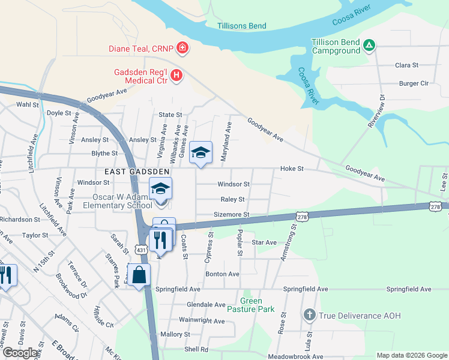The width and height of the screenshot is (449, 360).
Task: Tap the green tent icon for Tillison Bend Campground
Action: pyautogui.click(x=370, y=44)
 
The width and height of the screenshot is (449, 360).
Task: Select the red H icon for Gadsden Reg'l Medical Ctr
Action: pyautogui.click(x=176, y=75)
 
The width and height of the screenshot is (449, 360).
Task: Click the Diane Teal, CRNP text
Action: pyautogui.click(x=140, y=48)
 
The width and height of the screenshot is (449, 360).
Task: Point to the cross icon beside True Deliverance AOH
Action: pyautogui.click(x=309, y=314)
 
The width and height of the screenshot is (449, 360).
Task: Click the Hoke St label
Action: pyautogui.click(x=292, y=169)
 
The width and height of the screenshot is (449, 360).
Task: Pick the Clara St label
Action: pyautogui.click(x=406, y=65)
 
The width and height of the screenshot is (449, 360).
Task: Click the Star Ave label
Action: pyautogui.click(x=264, y=242)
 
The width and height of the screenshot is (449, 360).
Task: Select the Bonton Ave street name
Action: pyautogui.click(x=222, y=274)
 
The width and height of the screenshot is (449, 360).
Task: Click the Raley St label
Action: pyautogui.click(x=233, y=199)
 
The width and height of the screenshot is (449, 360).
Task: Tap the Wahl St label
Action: pyautogui.click(x=27, y=104)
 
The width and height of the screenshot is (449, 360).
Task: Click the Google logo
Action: pyautogui.click(x=20, y=353)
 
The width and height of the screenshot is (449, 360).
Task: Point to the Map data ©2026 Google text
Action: pyautogui.click(x=411, y=355)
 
